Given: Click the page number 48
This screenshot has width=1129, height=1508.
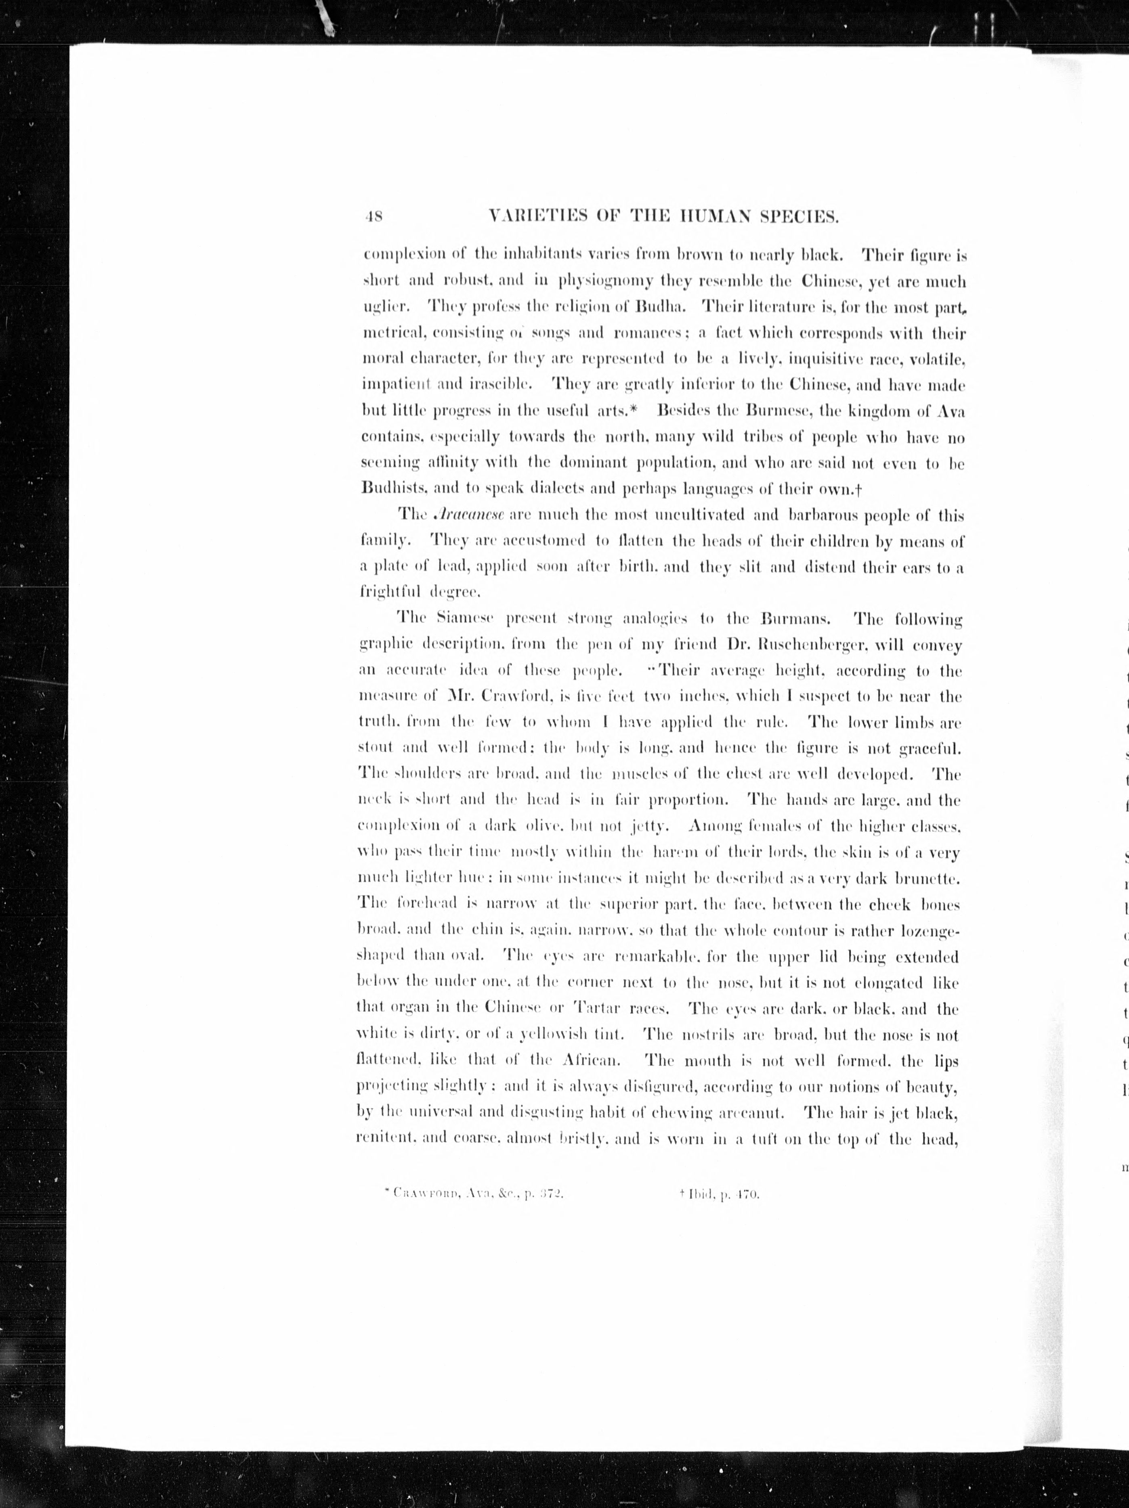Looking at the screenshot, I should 374,218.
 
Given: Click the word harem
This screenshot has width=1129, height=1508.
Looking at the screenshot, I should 674,853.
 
